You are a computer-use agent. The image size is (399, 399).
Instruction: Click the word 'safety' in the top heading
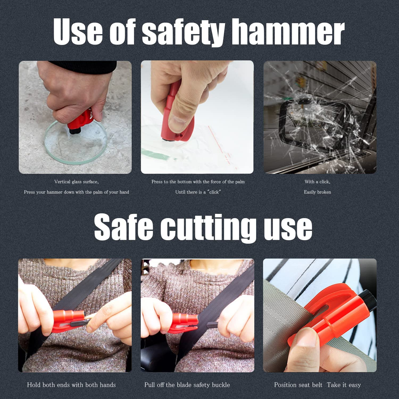184,33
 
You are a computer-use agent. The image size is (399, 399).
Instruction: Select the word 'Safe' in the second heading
123,227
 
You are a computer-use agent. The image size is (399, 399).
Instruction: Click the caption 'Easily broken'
317,192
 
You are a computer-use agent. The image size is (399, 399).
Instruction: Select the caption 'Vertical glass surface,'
76,182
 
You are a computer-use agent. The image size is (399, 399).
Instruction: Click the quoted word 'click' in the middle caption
214,192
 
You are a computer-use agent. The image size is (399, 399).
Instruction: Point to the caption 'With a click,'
317,182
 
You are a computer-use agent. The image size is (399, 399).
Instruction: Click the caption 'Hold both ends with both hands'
71,385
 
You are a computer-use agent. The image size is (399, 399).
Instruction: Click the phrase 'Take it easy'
344,385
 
